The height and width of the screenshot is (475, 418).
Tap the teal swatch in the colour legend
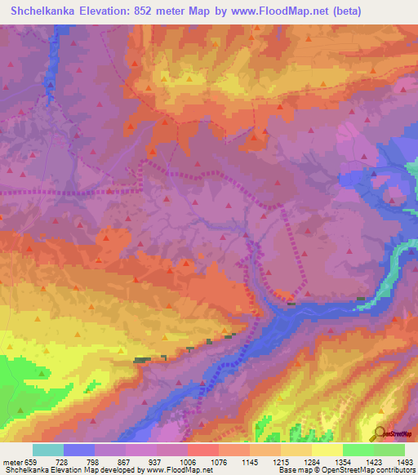48,450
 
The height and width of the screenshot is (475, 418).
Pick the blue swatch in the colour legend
79,450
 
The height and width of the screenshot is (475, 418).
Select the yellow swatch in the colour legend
327,450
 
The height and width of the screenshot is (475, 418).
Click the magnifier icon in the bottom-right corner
379,434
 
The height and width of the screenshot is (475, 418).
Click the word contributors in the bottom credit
394,470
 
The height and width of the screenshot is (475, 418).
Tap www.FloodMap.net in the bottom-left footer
175,470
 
